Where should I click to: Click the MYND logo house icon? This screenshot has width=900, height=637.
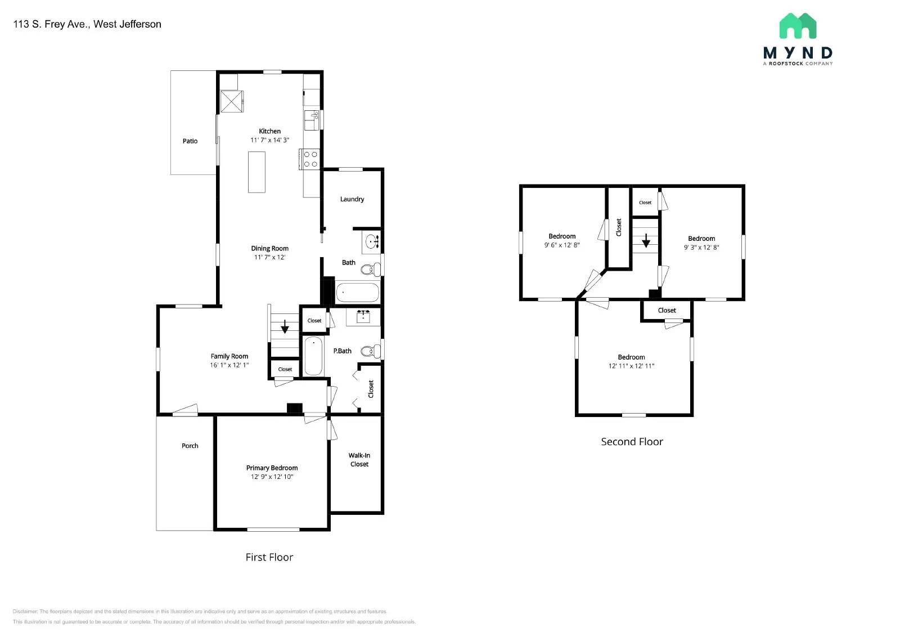pos(798,26)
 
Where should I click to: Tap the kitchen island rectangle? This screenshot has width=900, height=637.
pos(256,172)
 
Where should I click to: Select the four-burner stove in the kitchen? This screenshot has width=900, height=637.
pos(311,159)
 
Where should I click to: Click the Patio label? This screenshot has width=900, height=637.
pos(190,141)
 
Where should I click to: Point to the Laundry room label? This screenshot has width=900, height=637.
pos(352,199)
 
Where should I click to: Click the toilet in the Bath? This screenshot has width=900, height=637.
pos(369,270)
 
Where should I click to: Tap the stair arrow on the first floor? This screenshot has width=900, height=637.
pos(285,326)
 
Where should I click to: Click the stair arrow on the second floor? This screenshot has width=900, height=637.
pos(646,241)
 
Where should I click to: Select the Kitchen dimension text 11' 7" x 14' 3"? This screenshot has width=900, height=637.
pos(269,140)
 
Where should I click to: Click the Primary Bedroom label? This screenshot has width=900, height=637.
pos(272,468)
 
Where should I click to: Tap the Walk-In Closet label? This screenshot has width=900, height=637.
pos(359,460)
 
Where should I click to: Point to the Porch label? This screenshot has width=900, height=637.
pos(190,446)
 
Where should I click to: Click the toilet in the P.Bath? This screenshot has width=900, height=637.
pos(369,352)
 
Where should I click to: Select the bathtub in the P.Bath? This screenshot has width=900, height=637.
pos(313,356)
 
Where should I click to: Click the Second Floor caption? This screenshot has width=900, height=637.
pos(632,442)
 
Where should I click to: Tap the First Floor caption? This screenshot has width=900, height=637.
pos(269,557)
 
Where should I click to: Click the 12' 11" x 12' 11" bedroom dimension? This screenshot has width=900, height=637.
pos(631,366)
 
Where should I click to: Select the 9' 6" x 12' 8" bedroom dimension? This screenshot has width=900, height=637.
pos(561,245)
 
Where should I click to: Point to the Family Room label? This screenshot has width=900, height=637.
pos(229,356)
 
